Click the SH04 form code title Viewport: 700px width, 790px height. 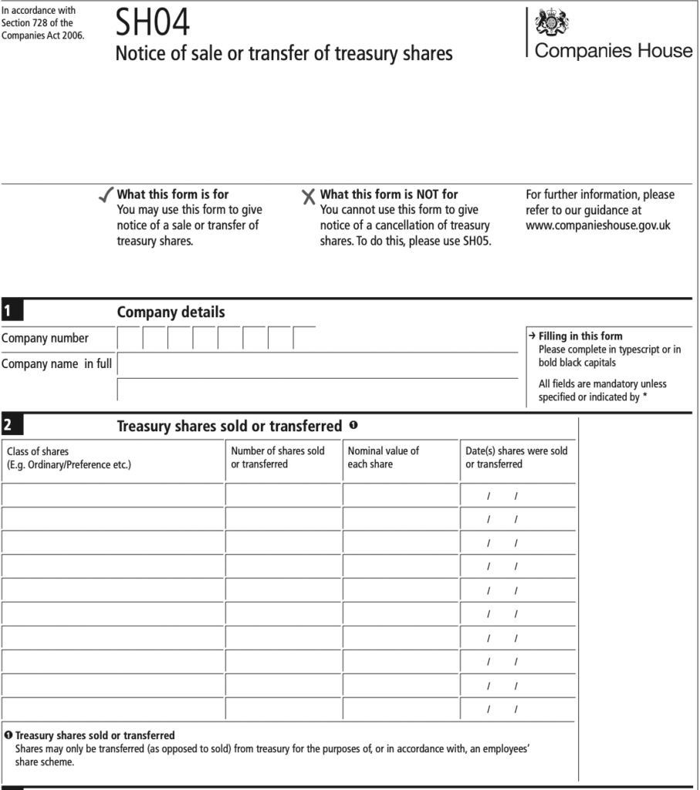click(152, 24)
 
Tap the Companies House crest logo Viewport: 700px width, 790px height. click(551, 22)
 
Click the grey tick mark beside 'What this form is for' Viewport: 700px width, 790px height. click(106, 196)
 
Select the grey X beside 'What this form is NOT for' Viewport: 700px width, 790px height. click(309, 197)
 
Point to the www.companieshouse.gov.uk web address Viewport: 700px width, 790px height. click(598, 225)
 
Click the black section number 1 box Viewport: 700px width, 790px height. click(12, 312)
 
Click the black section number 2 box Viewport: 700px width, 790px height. click(12, 426)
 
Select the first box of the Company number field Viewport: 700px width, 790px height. click(129, 338)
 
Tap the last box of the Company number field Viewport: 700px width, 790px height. click(304, 338)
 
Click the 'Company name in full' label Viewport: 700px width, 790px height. click(56, 363)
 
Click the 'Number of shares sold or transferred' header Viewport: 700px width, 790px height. click(278, 457)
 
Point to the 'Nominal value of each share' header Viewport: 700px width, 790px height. click(384, 457)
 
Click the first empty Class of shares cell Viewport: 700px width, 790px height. click(113, 495)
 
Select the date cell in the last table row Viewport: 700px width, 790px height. click(518, 709)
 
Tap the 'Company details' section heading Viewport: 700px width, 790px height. click(171, 312)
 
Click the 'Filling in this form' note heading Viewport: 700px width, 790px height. click(580, 336)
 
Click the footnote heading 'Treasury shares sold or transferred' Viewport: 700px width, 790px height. click(95, 735)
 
